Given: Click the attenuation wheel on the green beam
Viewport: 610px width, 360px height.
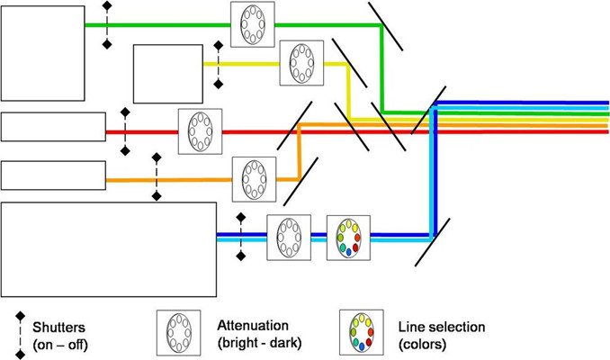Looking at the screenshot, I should [253, 24].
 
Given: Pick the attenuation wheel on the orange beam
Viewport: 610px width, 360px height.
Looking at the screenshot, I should [254, 178].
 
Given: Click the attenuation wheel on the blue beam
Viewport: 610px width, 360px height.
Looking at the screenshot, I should [289, 238].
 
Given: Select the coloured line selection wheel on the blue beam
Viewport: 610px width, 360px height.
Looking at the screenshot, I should [348, 238].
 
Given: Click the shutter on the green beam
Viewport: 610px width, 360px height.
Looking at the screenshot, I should [107, 24].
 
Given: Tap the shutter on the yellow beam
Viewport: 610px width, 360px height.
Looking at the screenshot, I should [218, 63].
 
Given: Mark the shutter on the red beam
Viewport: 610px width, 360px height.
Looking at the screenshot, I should [125, 131].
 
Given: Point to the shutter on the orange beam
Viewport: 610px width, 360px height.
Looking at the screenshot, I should [157, 177].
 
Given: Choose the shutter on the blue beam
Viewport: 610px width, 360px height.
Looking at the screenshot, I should [240, 237].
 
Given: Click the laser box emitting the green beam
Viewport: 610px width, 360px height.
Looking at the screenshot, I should [42, 51].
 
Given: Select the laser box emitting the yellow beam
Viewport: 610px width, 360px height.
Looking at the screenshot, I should [168, 73].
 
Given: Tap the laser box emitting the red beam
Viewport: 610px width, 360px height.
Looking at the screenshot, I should [53, 127].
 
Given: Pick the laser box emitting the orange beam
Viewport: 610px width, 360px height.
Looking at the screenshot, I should [53, 175].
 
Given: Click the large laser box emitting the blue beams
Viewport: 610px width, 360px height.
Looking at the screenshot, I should [109, 249].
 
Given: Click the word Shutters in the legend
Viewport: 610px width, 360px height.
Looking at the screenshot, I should [59, 328].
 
